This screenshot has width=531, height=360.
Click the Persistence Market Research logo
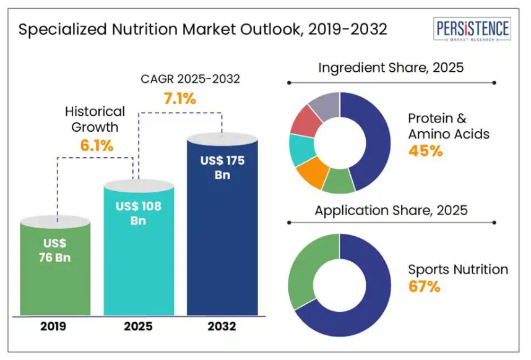click(x=473, y=29)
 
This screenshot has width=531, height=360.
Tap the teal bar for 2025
click(x=139, y=260)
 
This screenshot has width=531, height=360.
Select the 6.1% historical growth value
click(x=96, y=146)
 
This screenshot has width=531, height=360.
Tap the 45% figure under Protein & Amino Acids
click(x=425, y=150)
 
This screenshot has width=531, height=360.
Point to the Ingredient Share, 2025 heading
click(x=391, y=67)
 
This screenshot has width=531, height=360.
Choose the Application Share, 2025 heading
click(x=391, y=210)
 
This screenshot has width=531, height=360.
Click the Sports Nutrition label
click(x=458, y=270)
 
